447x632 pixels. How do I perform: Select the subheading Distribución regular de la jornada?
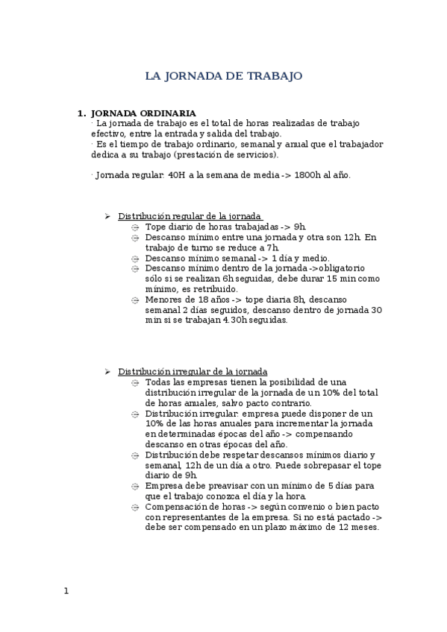190,216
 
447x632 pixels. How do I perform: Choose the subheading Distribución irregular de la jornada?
193,371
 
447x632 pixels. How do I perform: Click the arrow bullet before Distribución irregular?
107,371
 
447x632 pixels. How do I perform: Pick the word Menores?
165,300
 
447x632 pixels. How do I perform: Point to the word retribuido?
216,288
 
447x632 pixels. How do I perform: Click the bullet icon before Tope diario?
135,227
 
